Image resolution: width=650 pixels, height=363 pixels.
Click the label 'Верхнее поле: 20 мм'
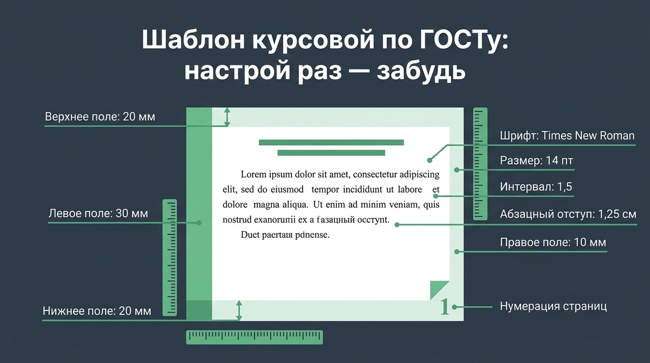click(100, 116)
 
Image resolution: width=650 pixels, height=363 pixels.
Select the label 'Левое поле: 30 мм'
click(98, 213)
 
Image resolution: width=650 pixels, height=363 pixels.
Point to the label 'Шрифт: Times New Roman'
click(567, 135)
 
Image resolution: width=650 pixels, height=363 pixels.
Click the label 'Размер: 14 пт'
click(536, 161)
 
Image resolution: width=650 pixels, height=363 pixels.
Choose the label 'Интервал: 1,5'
click(536, 187)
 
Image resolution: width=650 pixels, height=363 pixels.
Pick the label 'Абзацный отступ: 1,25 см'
click(568, 213)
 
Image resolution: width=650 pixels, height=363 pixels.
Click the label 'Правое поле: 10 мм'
click(552, 242)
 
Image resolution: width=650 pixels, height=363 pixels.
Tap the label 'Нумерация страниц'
click(553, 306)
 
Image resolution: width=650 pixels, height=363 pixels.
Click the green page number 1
click(445, 307)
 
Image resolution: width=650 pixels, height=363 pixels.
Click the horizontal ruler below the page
click(255, 337)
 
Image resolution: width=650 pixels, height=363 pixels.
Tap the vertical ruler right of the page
click(480, 163)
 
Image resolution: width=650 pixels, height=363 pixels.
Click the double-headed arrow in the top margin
click(227, 117)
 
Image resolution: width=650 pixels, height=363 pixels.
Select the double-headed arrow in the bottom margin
click(239, 310)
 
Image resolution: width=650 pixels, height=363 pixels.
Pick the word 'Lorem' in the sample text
click(256, 174)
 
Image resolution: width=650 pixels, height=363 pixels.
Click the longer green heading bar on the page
click(331, 142)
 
